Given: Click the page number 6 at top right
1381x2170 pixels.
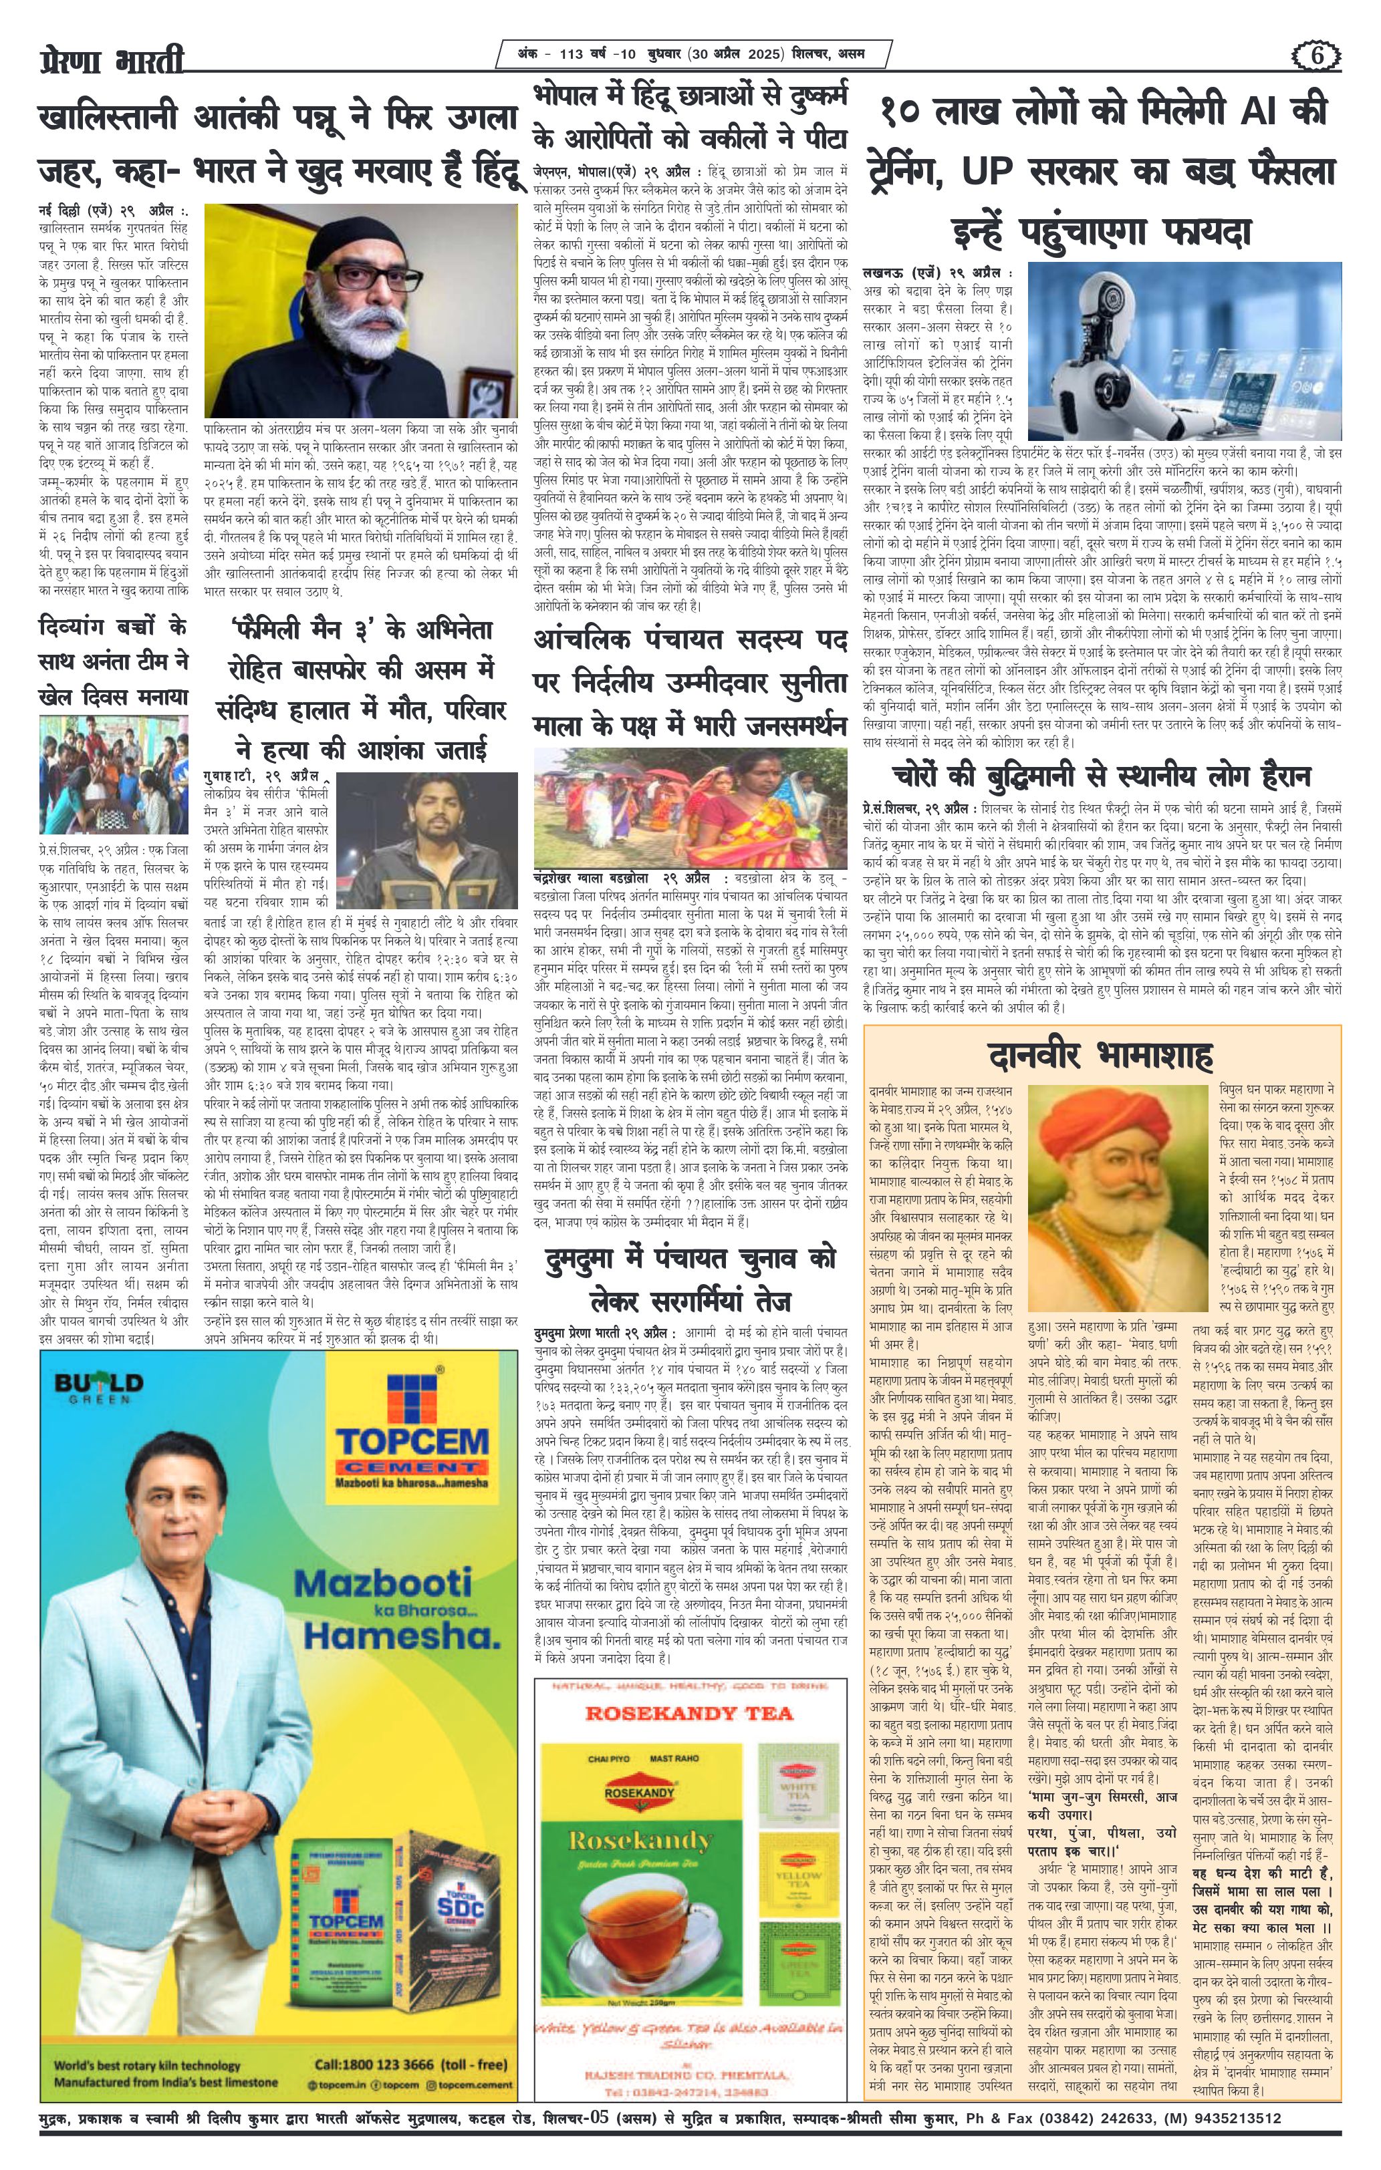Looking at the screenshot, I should click(1321, 55).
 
